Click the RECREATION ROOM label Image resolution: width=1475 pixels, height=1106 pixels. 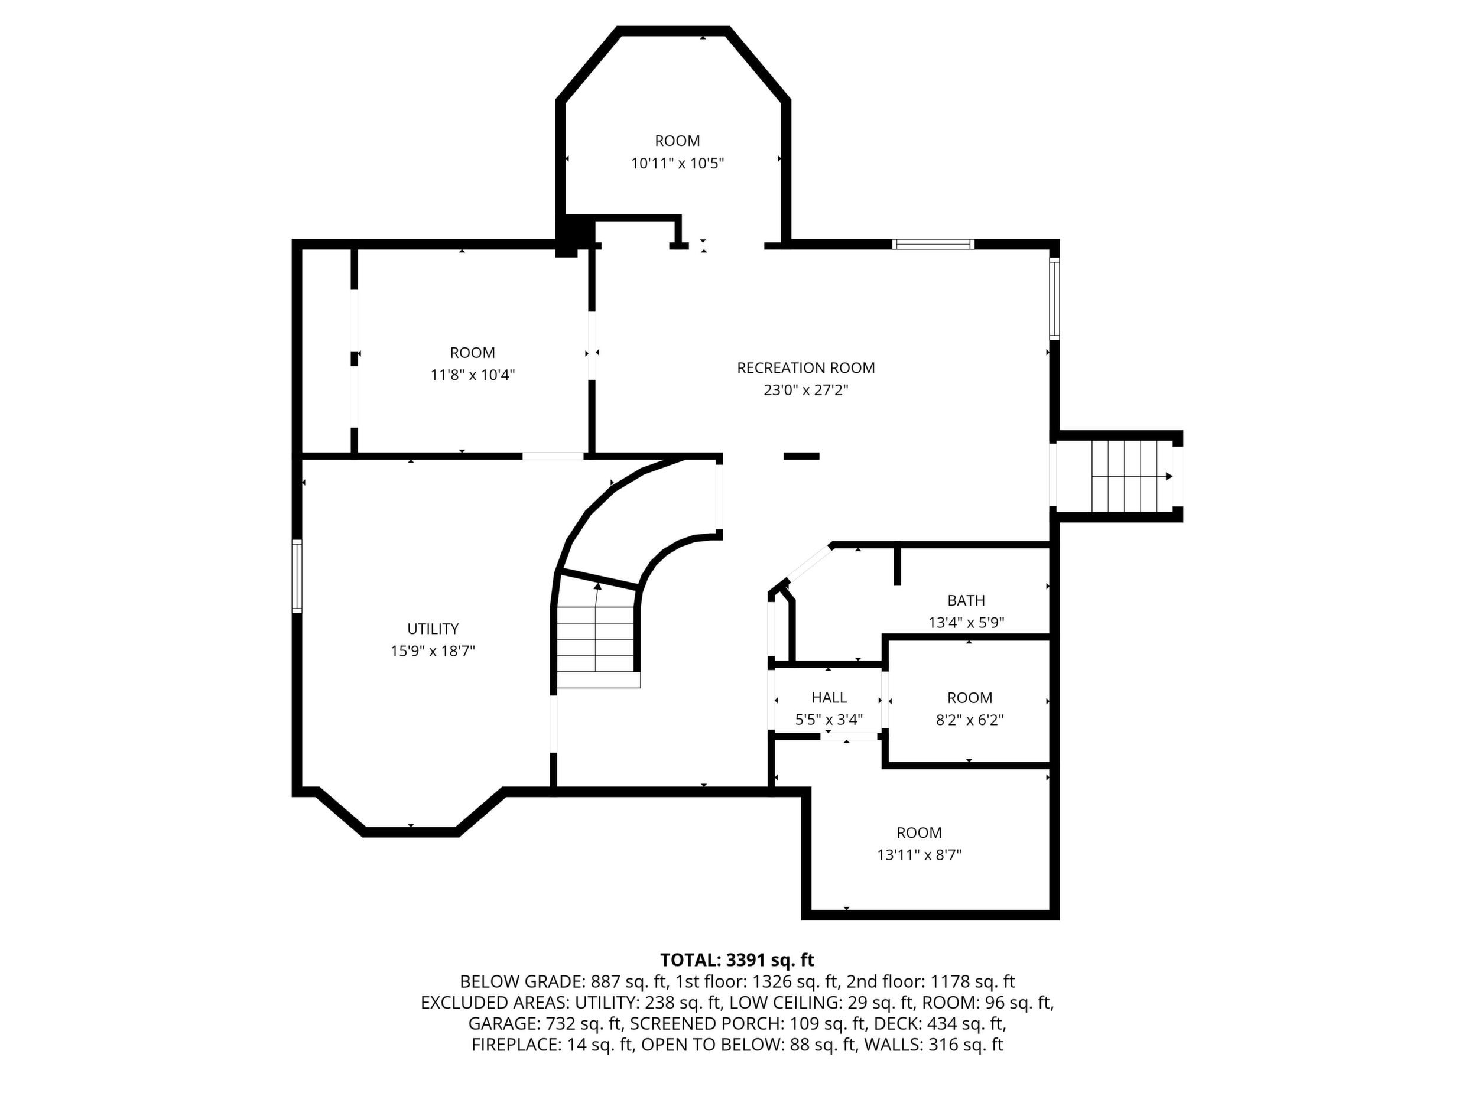[805, 367]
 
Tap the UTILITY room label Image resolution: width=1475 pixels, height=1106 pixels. [433, 629]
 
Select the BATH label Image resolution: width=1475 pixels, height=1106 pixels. [966, 600]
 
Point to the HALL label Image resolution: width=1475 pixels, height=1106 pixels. [829, 697]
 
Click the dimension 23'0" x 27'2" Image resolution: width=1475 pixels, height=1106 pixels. [805, 390]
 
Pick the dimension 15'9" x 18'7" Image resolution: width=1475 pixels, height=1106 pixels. [433, 650]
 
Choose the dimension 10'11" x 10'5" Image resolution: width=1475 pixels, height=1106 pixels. [677, 162]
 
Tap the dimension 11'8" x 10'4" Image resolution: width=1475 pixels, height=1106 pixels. [473, 375]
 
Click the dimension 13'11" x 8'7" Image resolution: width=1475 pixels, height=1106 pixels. [919, 855]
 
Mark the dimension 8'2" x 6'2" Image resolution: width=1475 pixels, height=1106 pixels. [970, 720]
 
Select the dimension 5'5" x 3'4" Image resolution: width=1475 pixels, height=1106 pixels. [829, 720]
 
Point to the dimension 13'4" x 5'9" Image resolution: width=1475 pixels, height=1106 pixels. [966, 623]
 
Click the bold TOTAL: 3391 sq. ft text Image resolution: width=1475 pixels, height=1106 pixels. [737, 960]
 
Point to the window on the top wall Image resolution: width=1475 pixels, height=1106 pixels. [933, 244]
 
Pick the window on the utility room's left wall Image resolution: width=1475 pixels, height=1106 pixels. [297, 576]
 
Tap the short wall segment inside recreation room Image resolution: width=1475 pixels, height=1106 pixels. [801, 456]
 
